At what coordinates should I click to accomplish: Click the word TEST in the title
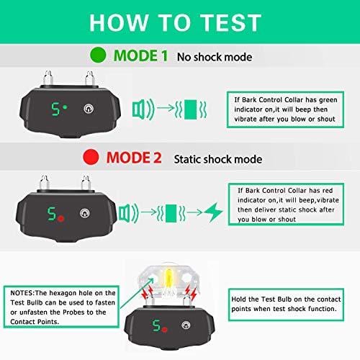230,22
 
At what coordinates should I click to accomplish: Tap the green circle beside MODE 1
98,55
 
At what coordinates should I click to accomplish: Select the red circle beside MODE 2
91,157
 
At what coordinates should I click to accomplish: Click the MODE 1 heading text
140,55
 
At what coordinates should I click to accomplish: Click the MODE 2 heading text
134,158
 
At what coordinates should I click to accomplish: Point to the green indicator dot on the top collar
65,107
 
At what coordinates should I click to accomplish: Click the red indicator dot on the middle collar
61,218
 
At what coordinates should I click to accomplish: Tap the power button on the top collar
89,109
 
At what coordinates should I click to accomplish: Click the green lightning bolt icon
213,212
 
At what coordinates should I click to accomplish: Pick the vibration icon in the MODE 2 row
171,213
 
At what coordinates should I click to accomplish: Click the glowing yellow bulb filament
169,279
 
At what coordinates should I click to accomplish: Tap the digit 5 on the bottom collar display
156,325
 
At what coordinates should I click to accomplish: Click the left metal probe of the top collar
48,78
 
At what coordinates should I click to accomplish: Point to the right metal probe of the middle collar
86,183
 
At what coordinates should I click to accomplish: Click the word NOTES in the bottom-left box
22,293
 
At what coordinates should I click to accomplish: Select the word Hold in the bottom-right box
239,300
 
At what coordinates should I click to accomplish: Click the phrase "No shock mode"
215,57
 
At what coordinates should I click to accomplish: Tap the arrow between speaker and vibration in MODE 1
166,108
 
